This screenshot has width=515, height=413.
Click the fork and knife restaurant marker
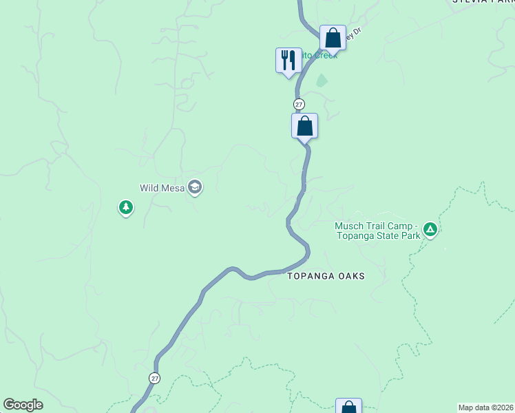pyautogui.click(x=288, y=60)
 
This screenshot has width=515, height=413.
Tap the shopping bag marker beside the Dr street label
pyautogui.click(x=333, y=38)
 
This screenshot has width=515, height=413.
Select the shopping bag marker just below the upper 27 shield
pyautogui.click(x=304, y=126)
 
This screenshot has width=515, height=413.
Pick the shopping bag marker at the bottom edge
pyautogui.click(x=348, y=407)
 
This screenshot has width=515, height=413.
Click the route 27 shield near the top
pyautogui.click(x=299, y=104)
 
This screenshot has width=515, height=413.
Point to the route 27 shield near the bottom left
pyautogui.click(x=154, y=378)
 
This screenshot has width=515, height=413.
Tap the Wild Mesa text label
pyautogui.click(x=162, y=187)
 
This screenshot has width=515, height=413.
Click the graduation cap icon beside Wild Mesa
pyautogui.click(x=195, y=187)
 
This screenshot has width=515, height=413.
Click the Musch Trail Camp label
pyautogui.click(x=376, y=226)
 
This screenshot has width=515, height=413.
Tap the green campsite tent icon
pyautogui.click(x=430, y=229)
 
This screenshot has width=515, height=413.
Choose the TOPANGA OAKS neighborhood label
pyautogui.click(x=326, y=276)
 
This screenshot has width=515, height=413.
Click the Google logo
pyautogui.click(x=23, y=405)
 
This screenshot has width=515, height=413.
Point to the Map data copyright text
pyautogui.click(x=485, y=407)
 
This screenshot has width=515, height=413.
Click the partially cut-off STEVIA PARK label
pyautogui.click(x=483, y=2)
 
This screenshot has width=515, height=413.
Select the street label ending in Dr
pyautogui.click(x=353, y=36)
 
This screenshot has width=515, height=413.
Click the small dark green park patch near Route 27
pyautogui.click(x=322, y=81)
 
